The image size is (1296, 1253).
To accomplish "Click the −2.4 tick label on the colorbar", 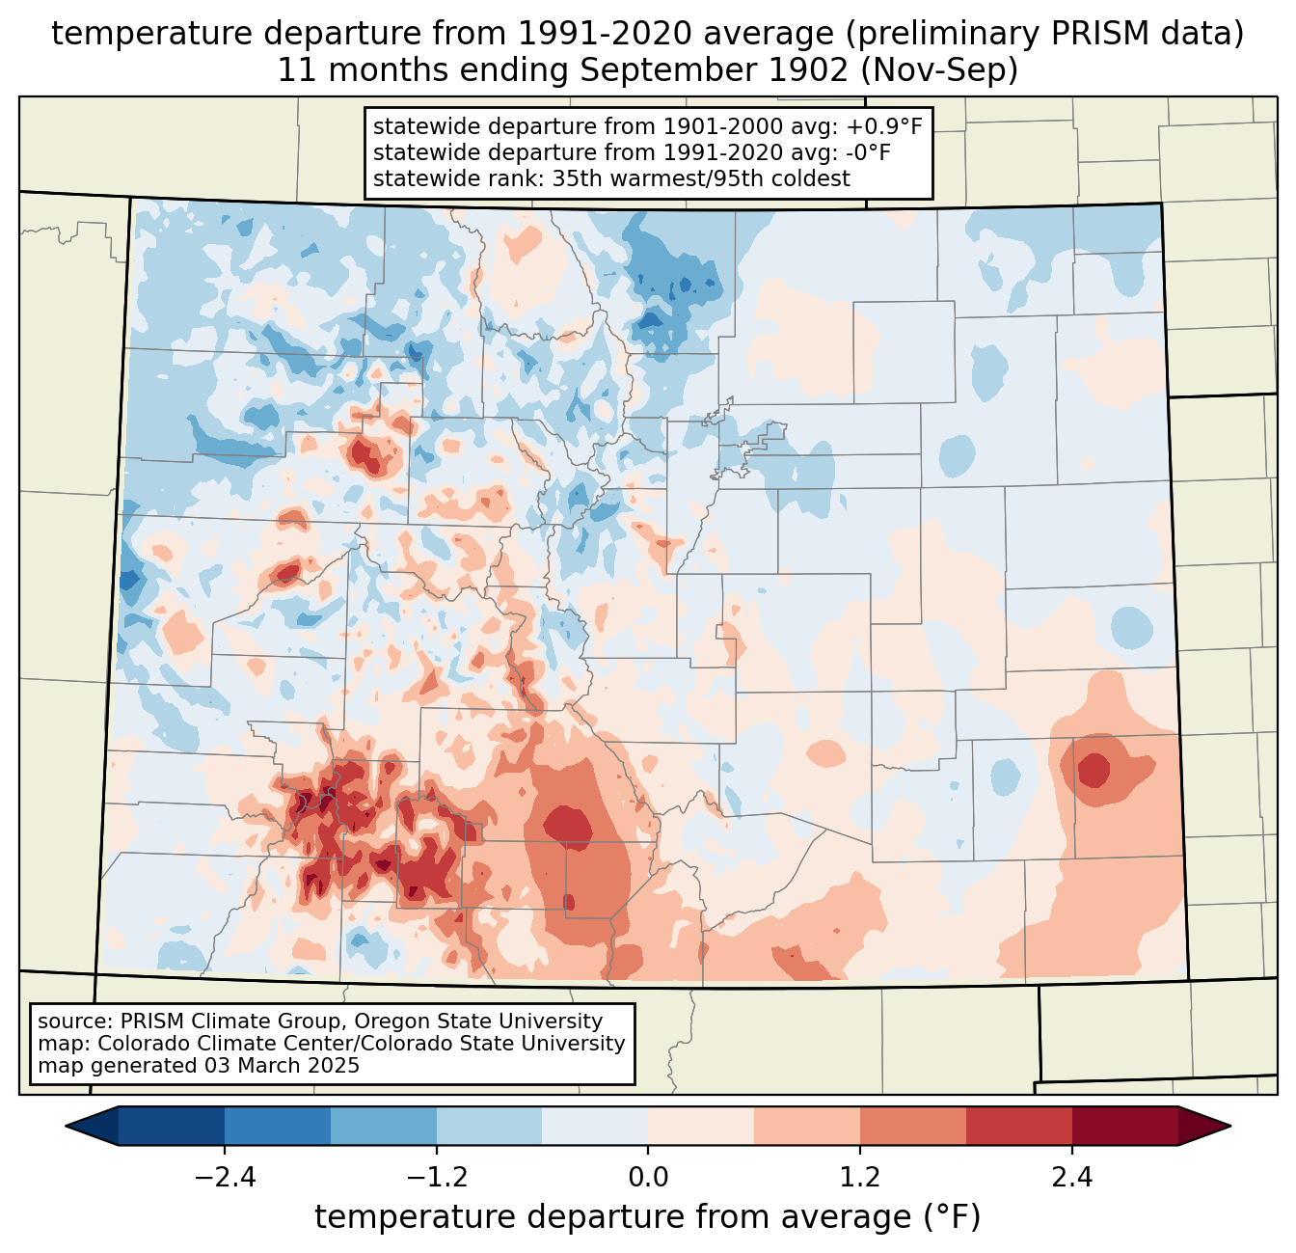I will pos(225,1178).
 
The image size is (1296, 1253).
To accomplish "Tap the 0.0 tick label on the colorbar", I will pos(648,1178).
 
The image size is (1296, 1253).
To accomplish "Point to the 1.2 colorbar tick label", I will pos(860,1178).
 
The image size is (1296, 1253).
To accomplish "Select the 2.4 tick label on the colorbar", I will pos(1071,1178).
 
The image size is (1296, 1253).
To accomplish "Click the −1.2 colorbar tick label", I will pos(437,1178).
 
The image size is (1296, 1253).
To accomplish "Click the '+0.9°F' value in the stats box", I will pos(884,127).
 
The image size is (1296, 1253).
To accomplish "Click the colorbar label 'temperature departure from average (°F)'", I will pos(648,1217).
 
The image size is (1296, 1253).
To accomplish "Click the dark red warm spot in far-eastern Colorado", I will pos(1093,770).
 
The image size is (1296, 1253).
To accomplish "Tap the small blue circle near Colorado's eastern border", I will pos(1131,627).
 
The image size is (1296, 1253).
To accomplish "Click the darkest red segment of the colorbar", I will pos(1124,1126).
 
